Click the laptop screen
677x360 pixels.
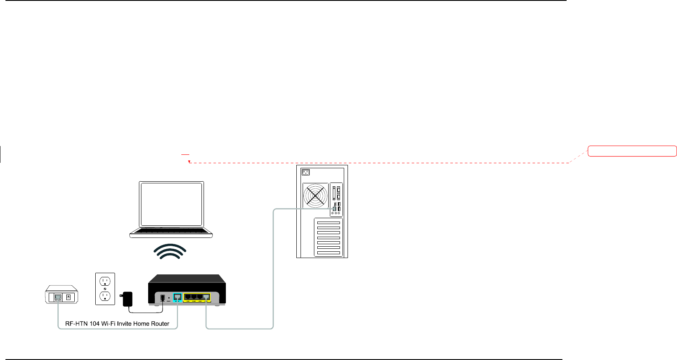172,204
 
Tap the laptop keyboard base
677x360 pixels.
171,232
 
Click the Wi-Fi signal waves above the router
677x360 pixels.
170,251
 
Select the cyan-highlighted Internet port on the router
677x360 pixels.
177,297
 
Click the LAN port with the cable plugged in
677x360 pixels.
206,297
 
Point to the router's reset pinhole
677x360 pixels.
169,298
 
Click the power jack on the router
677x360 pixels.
163,298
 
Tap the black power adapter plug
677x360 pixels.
127,299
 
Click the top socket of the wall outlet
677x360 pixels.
105,281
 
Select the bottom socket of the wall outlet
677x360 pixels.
105,296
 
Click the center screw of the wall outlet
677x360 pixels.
105,289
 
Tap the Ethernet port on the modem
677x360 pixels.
58,297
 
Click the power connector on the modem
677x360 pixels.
68,297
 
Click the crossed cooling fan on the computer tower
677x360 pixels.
315,196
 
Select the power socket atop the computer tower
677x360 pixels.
306,172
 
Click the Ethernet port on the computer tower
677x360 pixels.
334,209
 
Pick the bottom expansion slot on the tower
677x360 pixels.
328,253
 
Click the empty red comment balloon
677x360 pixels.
632,151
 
